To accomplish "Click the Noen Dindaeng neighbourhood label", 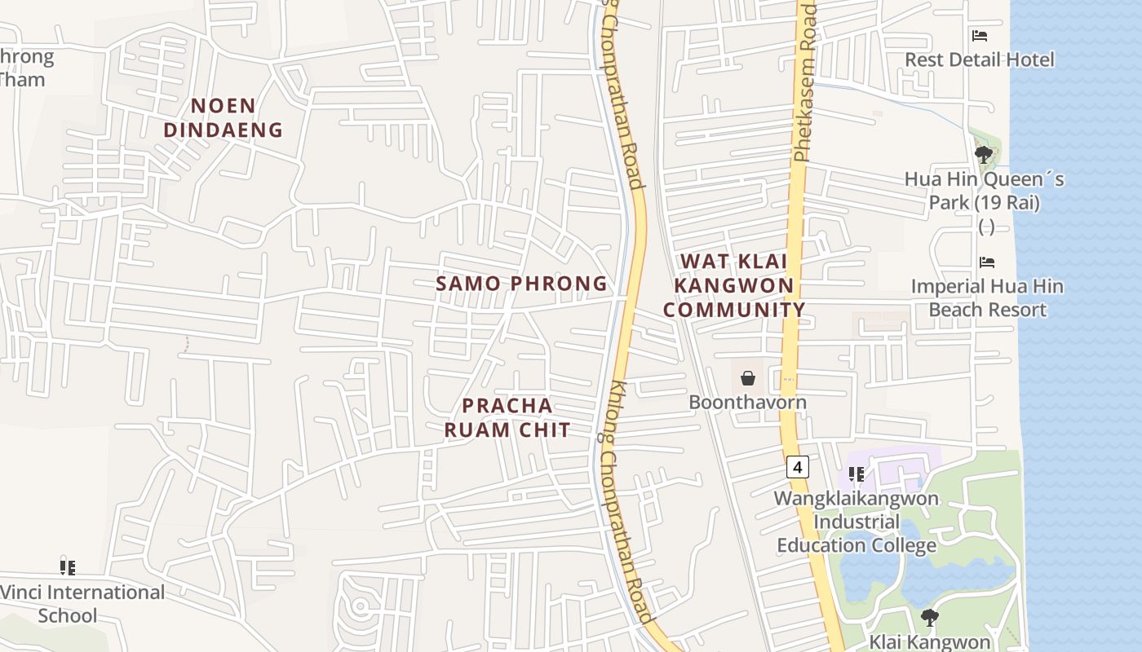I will click(x=223, y=117).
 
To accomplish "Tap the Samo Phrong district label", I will click(x=521, y=284).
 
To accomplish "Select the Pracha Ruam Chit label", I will click(x=507, y=417).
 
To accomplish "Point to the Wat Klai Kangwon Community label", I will click(x=734, y=285).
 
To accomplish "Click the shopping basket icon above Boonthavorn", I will click(x=747, y=378).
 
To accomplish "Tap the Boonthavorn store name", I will click(x=747, y=402).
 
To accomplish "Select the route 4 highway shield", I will click(x=797, y=467).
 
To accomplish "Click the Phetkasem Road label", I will click(x=805, y=81).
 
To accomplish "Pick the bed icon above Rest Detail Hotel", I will click(x=980, y=36).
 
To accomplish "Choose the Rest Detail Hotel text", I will click(x=980, y=59).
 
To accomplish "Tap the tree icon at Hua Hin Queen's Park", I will click(x=983, y=153).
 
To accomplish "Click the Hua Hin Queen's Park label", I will click(x=985, y=191).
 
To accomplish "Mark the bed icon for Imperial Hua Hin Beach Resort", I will click(x=987, y=262).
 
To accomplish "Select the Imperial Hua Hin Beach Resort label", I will click(x=987, y=298).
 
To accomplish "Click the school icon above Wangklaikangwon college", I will click(x=856, y=474).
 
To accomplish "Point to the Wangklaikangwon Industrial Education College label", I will click(x=856, y=522).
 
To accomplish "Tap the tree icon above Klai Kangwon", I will click(x=929, y=618).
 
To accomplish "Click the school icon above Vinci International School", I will click(x=68, y=567).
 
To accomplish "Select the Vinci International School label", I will click(x=82, y=603).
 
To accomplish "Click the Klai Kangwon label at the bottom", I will click(x=929, y=641).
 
